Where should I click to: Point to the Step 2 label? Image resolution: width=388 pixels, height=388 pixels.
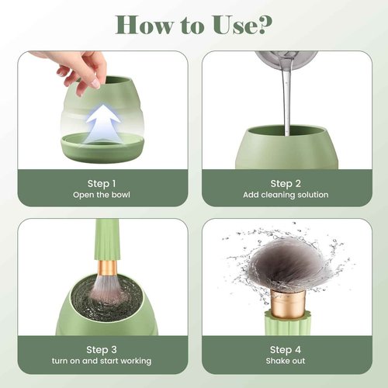point(286,183)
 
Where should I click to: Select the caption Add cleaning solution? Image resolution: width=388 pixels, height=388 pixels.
point(286,195)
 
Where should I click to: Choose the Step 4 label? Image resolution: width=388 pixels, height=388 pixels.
point(286,349)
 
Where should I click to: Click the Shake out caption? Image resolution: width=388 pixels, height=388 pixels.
point(286,361)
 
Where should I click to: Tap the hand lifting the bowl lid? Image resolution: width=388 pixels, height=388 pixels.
point(78,66)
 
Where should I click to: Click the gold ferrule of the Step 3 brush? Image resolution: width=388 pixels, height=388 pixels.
point(106,268)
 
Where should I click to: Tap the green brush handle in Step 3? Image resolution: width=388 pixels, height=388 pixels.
point(106,237)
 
